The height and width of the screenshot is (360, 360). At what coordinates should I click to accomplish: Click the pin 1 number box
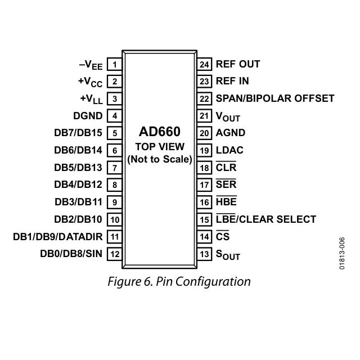tap(115, 64)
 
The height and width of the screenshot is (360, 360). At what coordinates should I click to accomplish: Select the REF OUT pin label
tap(237, 64)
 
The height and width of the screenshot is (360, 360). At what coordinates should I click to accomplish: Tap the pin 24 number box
tap(204, 64)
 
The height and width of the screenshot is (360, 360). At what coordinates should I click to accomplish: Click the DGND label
tap(88, 116)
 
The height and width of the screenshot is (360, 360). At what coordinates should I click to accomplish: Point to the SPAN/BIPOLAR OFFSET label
tap(275, 98)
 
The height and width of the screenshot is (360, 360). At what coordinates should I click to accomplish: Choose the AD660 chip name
tap(160, 132)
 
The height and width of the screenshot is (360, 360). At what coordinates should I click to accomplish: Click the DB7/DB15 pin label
tap(78, 133)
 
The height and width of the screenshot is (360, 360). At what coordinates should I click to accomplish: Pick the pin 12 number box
tap(115, 254)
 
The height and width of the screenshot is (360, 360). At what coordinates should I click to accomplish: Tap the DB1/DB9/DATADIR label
tap(58, 237)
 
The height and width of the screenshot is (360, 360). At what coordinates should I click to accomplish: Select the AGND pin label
tap(231, 133)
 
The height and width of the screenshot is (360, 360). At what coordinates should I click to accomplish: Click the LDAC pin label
tap(229, 150)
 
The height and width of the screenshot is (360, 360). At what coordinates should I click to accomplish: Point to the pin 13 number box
tap(204, 254)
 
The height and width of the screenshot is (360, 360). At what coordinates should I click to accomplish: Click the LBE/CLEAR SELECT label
tap(266, 219)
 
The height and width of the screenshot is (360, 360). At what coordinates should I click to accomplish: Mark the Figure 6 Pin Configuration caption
tap(179, 281)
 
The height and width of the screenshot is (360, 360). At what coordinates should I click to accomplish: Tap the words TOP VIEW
tap(160, 147)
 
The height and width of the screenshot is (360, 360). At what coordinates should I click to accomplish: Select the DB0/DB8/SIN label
tap(71, 254)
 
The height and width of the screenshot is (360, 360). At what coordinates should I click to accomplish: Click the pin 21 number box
tap(204, 116)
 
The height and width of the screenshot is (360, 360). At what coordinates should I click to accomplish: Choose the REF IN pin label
tap(232, 81)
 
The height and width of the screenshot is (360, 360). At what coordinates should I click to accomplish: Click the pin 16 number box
tap(204, 202)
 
